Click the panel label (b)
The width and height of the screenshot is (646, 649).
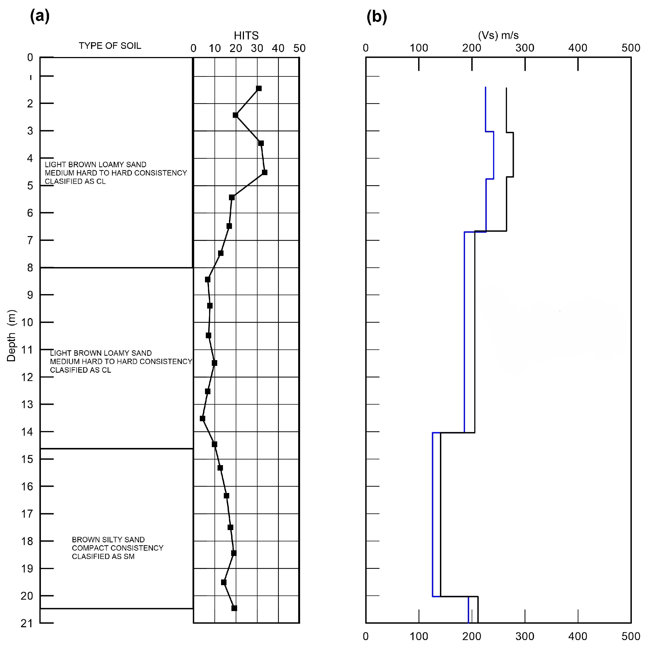pyautogui.click(x=376, y=17)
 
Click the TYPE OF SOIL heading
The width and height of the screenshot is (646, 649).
pyautogui.click(x=110, y=46)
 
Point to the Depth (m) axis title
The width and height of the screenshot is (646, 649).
pyautogui.click(x=11, y=335)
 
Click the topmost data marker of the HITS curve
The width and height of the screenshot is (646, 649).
pyautogui.click(x=259, y=88)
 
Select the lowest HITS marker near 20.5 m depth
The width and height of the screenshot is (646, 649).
pyautogui.click(x=234, y=608)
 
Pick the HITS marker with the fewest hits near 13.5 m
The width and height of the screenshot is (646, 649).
pyautogui.click(x=202, y=418)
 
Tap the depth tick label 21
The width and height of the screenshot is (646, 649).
pyautogui.click(x=27, y=623)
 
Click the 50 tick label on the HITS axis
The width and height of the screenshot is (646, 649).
pyautogui.click(x=299, y=48)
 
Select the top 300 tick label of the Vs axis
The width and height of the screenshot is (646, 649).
pyautogui.click(x=525, y=48)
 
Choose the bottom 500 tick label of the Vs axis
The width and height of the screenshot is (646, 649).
pyautogui.click(x=630, y=636)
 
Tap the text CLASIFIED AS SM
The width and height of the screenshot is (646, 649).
pyautogui.click(x=103, y=556)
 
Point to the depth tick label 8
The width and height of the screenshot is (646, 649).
pyautogui.click(x=30, y=268)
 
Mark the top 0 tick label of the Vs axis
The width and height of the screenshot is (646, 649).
pyautogui.click(x=366, y=48)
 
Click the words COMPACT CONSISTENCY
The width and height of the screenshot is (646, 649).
pyautogui.click(x=117, y=548)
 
